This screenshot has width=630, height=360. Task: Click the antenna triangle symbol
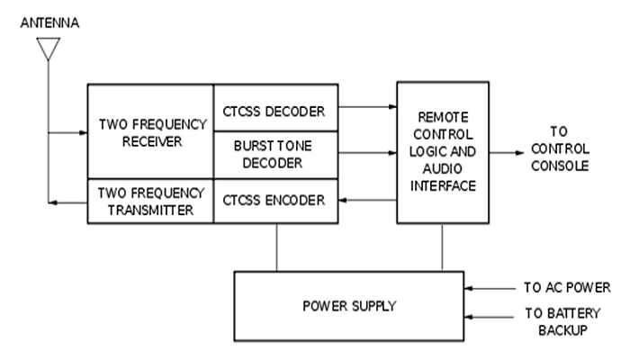click(x=48, y=49)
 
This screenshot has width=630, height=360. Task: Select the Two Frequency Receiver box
click(x=149, y=130)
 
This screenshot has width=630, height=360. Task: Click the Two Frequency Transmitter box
click(x=149, y=200)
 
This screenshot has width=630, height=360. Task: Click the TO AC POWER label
click(x=567, y=288)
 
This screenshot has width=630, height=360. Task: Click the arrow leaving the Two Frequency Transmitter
click(x=67, y=203)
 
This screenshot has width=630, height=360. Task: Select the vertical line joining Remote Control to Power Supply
click(x=442, y=247)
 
